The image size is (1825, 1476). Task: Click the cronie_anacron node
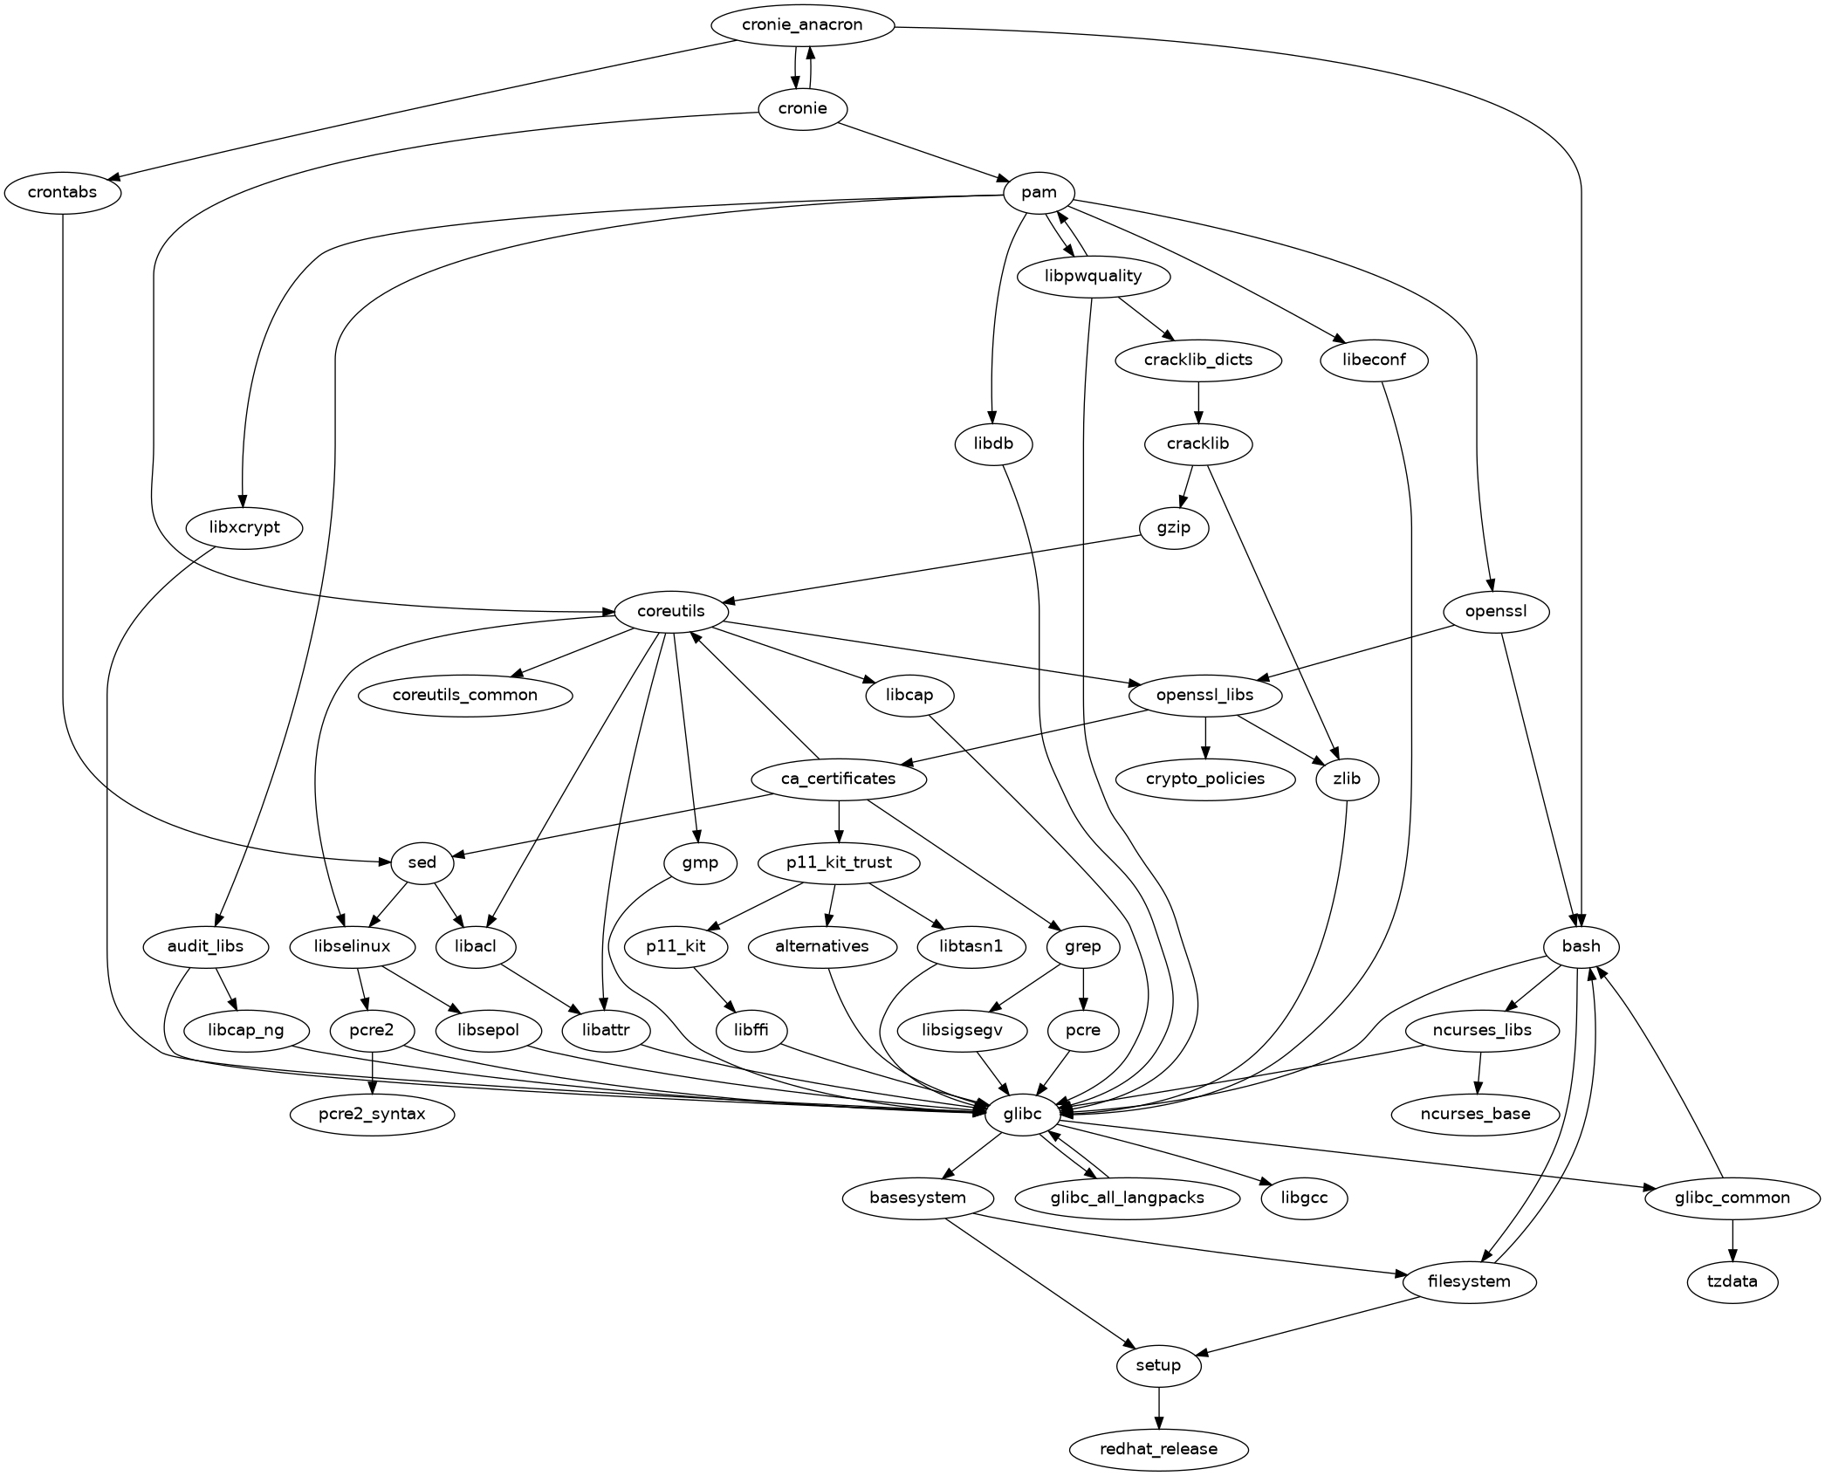tap(802, 25)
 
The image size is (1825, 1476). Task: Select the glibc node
tap(1023, 1114)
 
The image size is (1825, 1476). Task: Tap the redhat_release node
tap(1158, 1449)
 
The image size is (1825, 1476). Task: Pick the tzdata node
tap(1732, 1281)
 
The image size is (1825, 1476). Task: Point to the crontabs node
tap(63, 193)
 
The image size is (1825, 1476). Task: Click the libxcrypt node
tap(245, 528)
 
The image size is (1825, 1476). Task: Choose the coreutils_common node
tap(465, 696)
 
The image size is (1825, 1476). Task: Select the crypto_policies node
tap(1206, 779)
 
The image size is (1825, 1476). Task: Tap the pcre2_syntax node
tap(372, 1114)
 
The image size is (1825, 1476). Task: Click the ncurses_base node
tap(1475, 1114)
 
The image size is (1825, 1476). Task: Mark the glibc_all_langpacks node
tap(1128, 1198)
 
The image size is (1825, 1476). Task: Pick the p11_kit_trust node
tap(839, 863)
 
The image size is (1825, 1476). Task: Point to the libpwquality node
tap(1093, 277)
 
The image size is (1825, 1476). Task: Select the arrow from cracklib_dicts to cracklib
tap(1198, 402)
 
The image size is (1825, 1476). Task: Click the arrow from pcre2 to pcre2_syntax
tap(373, 1072)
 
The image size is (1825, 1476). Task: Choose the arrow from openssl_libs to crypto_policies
tap(1206, 737)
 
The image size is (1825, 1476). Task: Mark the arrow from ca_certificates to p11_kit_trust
tap(839, 820)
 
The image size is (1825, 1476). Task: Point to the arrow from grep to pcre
tap(1083, 988)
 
